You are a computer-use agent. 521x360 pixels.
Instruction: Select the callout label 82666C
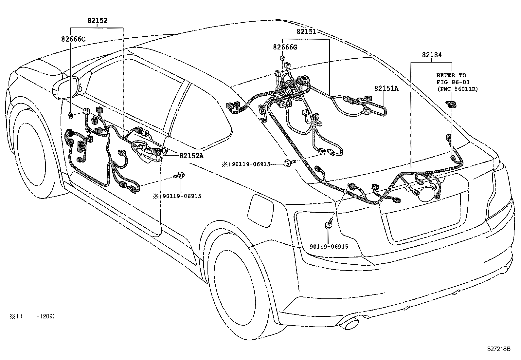point(73,39)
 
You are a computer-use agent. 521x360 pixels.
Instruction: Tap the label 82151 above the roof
point(306,32)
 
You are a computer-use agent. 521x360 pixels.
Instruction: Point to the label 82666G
point(285,47)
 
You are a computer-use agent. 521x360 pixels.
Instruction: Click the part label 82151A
point(386,88)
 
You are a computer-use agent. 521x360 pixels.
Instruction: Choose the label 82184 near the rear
point(431,55)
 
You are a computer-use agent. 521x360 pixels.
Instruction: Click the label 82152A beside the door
point(191,156)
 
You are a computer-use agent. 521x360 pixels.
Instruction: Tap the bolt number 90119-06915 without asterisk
point(329,247)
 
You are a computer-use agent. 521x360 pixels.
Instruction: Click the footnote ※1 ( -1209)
point(31,316)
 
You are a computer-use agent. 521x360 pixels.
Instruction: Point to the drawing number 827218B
point(498,349)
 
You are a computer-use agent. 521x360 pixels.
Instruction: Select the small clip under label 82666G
point(282,58)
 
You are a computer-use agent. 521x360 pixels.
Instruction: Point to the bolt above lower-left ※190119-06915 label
point(180,176)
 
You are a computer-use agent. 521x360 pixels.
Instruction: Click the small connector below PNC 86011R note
point(452,104)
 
